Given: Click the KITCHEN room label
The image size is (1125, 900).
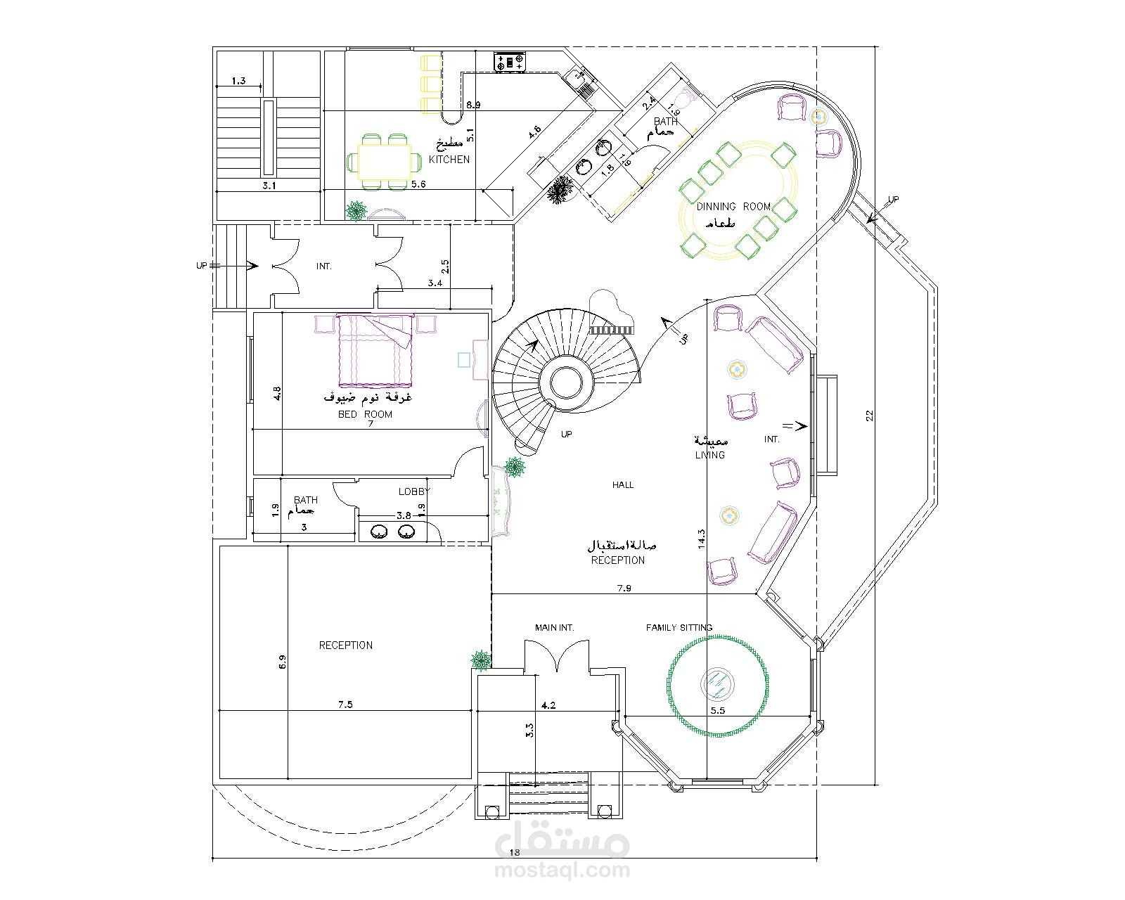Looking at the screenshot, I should [449, 160].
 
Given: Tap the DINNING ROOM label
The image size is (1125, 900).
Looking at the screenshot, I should [733, 206].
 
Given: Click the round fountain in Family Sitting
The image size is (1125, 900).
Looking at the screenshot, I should [718, 683].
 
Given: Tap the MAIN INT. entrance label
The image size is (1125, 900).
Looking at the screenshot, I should [554, 627].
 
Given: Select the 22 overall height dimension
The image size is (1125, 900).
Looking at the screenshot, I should [869, 416].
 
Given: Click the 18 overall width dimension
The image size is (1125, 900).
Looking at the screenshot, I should [514, 852].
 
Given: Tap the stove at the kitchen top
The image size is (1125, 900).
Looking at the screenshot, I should [510, 62].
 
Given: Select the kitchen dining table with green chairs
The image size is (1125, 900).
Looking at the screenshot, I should [383, 162].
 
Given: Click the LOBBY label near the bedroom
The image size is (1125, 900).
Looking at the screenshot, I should [413, 491].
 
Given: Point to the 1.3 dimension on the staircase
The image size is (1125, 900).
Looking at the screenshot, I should [238, 81].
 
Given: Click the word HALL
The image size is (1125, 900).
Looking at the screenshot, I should [622, 484].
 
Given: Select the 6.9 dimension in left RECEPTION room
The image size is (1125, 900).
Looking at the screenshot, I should [283, 662].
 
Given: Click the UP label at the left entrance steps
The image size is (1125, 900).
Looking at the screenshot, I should [202, 266].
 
